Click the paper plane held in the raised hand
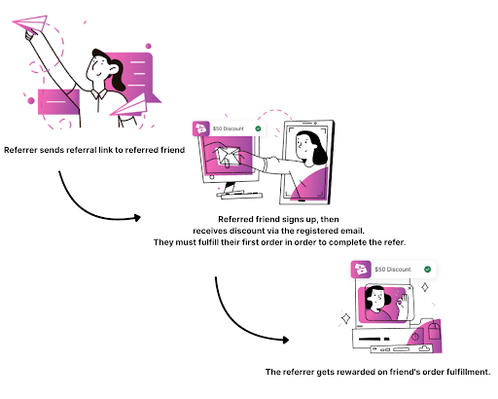[x=32, y=23]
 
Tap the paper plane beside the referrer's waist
[x=130, y=106]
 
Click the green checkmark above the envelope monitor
[x=258, y=128]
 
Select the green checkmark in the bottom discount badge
[x=428, y=270]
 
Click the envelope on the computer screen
[x=229, y=157]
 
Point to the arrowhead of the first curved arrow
[x=138, y=218]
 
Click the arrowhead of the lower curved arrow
[x=286, y=340]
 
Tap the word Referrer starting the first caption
[x=20, y=150]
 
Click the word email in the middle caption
[x=352, y=231]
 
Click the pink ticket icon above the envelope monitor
[x=201, y=128]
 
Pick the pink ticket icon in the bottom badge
[x=361, y=270]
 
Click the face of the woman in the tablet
[x=304, y=145]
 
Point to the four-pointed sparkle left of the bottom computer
[x=346, y=318]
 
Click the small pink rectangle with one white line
[x=58, y=102]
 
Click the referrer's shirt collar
[x=99, y=93]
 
